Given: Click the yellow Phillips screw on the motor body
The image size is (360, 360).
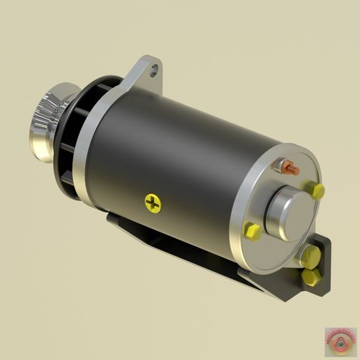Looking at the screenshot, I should click(x=153, y=204).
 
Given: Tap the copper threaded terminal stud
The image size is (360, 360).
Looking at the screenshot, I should click(x=291, y=170).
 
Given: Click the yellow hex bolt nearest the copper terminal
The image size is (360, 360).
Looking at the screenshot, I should click(x=317, y=191).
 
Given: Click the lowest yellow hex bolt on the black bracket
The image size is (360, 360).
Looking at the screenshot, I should click(x=311, y=277).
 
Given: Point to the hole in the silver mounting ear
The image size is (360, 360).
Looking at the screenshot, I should click(x=153, y=69).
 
